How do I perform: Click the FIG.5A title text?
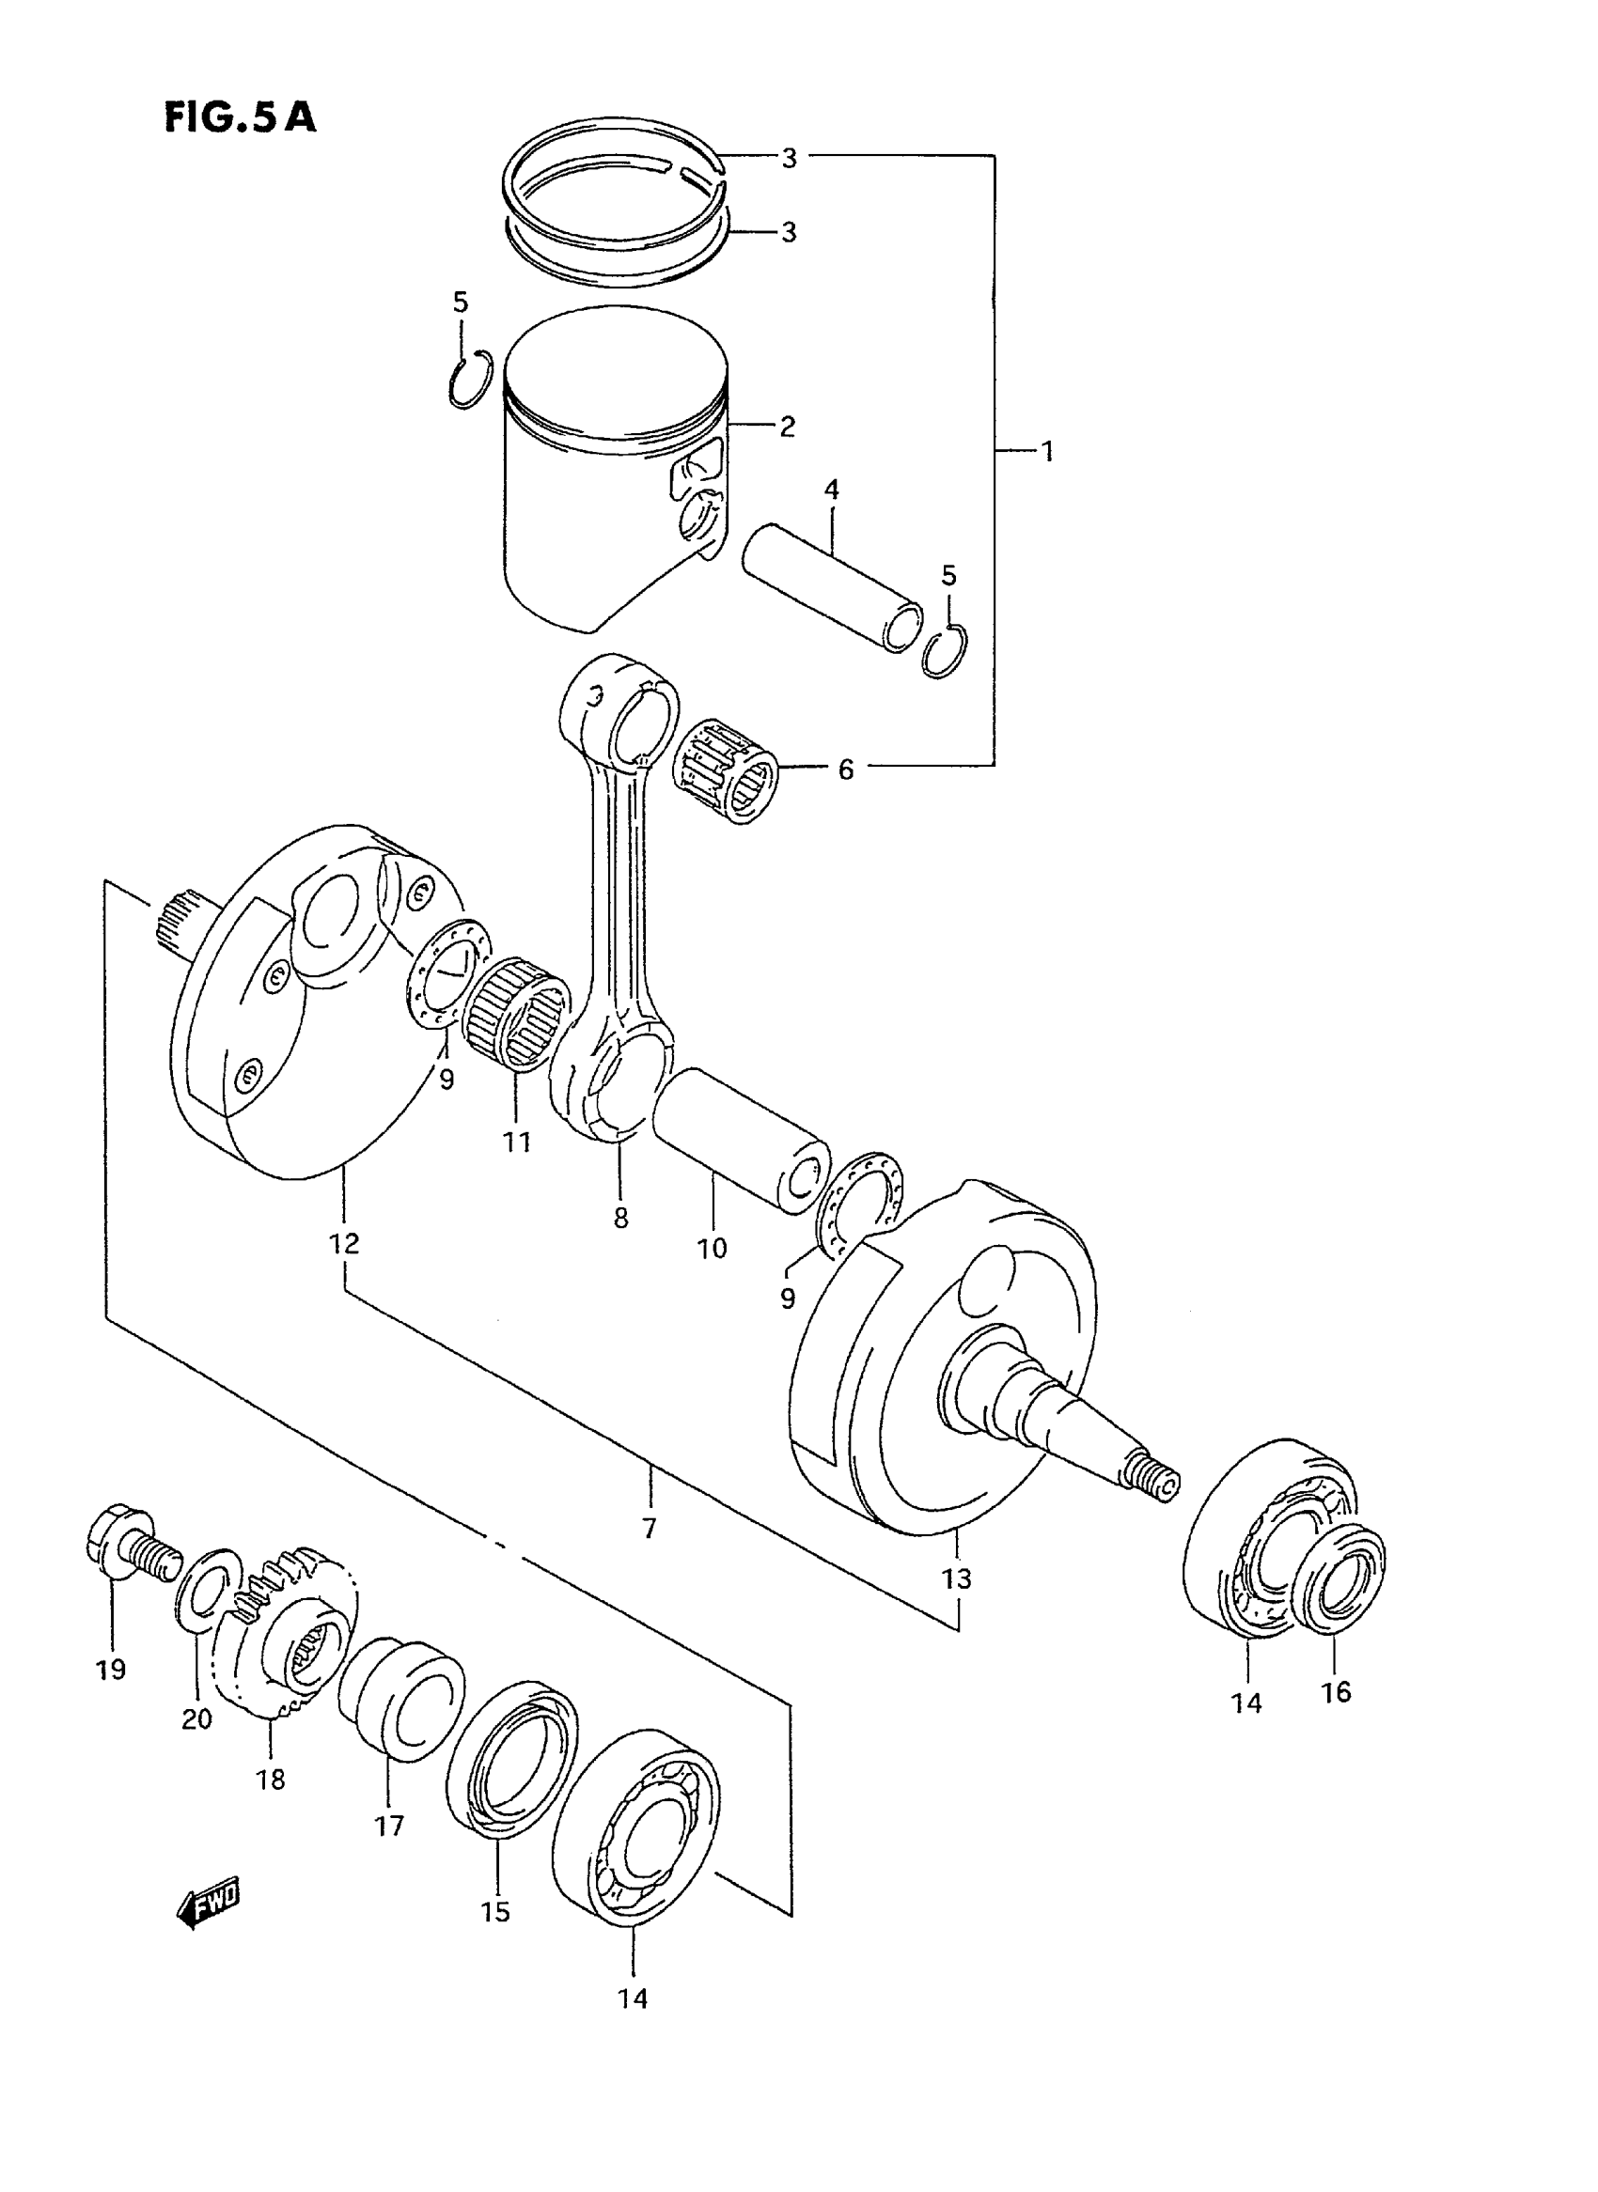(x=240, y=117)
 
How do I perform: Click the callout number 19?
(x=111, y=1669)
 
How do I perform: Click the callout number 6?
(x=845, y=770)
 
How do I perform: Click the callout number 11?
(x=517, y=1142)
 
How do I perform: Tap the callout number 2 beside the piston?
(x=788, y=426)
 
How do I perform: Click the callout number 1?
(x=1046, y=451)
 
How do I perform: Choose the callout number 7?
(x=649, y=1528)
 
